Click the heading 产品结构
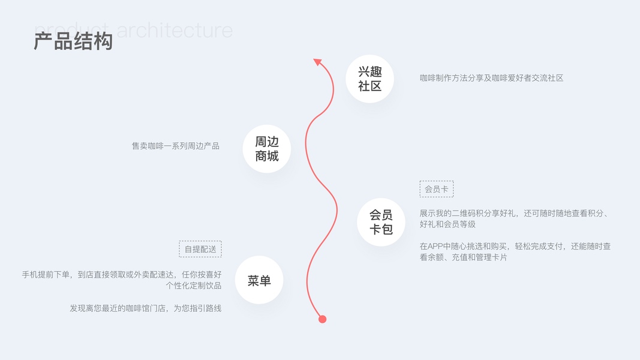tap(73, 41)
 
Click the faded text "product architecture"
tap(133, 29)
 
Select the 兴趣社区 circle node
tap(369, 79)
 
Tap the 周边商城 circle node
tap(267, 149)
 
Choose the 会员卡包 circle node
tap(381, 222)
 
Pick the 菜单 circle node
tap(259, 280)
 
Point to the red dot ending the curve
tap(322, 319)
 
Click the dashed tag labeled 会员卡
tap(437, 189)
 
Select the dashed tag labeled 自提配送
tap(200, 249)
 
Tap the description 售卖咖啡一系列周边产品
tap(176, 146)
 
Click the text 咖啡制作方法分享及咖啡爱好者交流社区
tap(491, 78)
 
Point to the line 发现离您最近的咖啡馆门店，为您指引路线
tap(146, 308)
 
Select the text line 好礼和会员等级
tap(447, 224)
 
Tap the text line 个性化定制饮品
tap(194, 286)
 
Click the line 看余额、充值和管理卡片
tap(463, 257)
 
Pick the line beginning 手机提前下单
tap(122, 275)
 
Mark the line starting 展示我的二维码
tap(514, 213)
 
